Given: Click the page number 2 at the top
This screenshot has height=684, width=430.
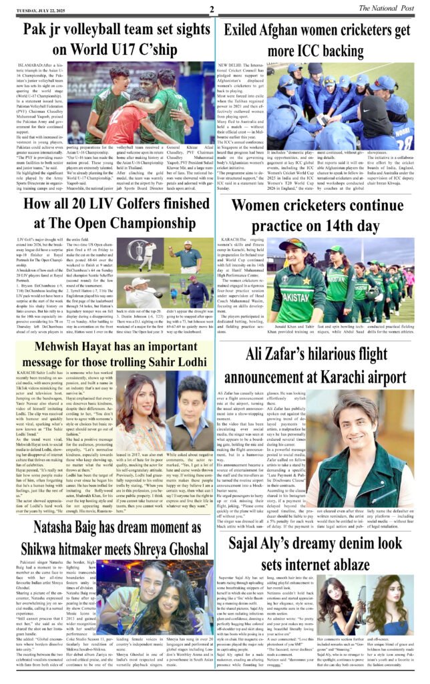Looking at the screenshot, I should (x=211, y=9).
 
